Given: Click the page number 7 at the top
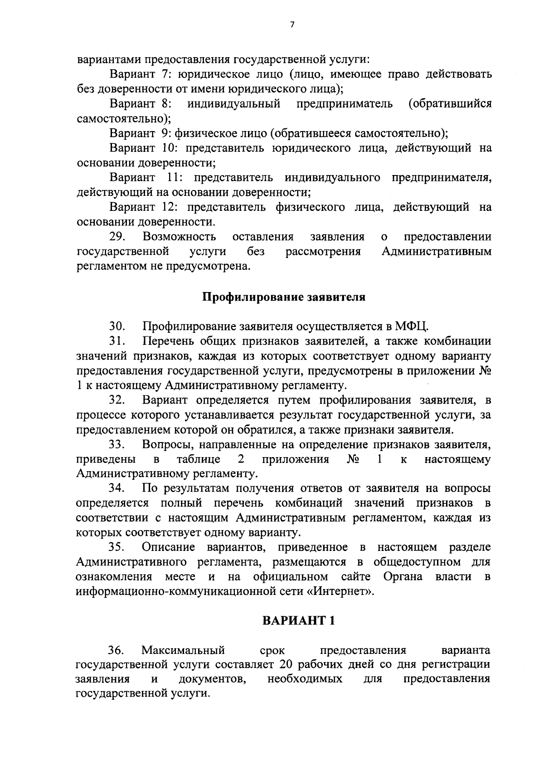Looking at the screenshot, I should point(291,25).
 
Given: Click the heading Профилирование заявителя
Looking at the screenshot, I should point(283,297).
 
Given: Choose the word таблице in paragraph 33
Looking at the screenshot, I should point(199,460).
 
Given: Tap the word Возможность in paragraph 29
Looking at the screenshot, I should point(179,237).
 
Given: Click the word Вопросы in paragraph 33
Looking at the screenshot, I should point(166,445).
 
